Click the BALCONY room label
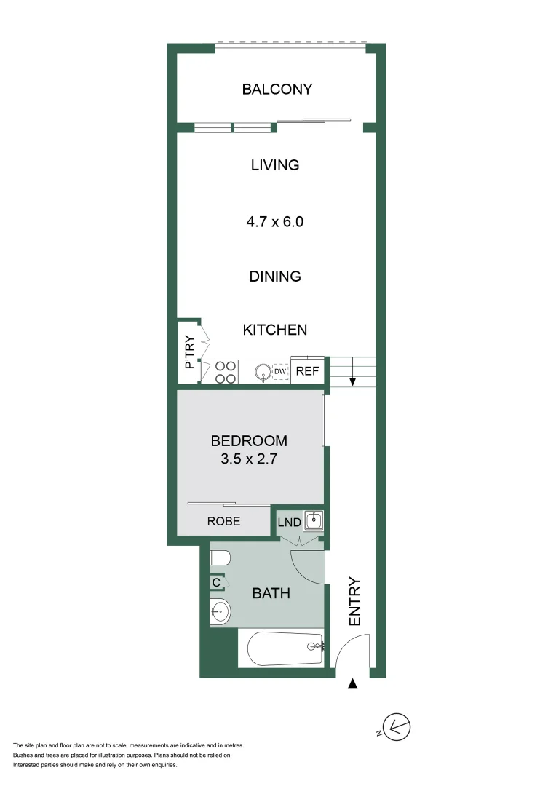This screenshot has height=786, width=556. [277, 90]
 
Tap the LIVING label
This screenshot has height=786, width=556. [275, 165]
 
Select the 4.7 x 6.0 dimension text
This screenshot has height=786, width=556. [275, 221]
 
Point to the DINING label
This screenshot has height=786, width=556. [275, 277]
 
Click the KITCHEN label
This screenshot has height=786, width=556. [275, 330]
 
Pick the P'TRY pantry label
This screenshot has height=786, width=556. [189, 351]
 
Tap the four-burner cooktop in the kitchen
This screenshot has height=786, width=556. [226, 372]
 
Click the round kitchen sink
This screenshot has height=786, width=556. [262, 373]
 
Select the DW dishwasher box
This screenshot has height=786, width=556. [280, 372]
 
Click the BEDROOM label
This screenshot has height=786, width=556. [249, 441]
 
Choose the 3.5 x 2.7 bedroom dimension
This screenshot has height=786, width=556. [249, 459]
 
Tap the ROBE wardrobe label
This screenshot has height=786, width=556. [223, 521]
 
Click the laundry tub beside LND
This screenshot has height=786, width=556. [314, 521]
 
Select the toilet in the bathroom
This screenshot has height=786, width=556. [220, 559]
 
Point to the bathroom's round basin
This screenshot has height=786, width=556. [220, 611]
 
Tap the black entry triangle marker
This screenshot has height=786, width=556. [353, 684]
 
